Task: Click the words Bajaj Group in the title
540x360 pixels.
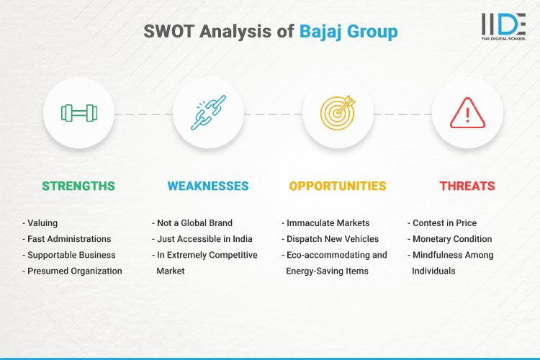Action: [x=348, y=32]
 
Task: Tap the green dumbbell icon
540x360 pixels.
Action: [x=78, y=113]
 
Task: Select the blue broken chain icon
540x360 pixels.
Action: [x=208, y=113]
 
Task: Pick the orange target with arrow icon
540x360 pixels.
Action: [x=338, y=113]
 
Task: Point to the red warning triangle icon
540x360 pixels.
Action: [x=467, y=113]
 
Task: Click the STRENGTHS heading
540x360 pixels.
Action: [x=78, y=186]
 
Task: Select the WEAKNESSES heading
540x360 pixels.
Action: [x=208, y=186]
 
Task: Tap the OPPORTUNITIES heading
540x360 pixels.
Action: [x=338, y=186]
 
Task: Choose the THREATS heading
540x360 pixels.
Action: [x=467, y=186]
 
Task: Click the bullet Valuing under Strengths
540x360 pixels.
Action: [x=42, y=223]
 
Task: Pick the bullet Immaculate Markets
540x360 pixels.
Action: [x=328, y=223]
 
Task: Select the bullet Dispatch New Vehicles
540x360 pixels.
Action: [x=333, y=239]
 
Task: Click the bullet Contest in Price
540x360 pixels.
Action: [x=449, y=223]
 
